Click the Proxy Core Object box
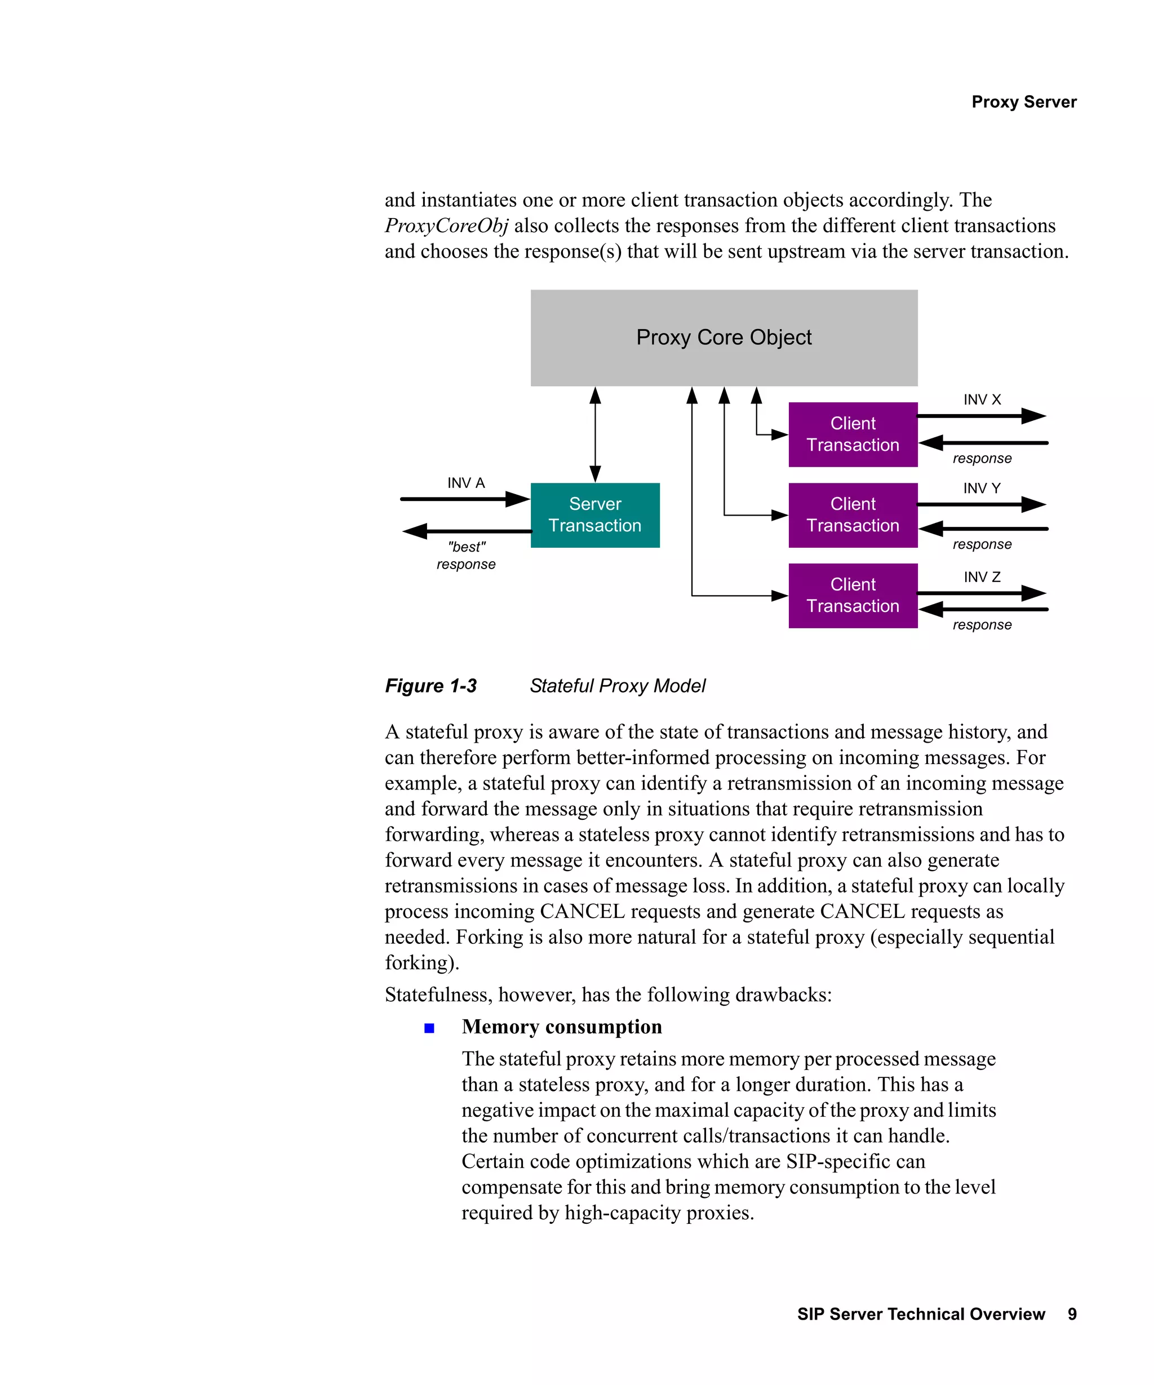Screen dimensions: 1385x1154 point(724,338)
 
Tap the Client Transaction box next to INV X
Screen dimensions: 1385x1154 point(853,434)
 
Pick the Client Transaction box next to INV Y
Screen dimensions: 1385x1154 point(853,515)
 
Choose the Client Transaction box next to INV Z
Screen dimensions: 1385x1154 point(853,596)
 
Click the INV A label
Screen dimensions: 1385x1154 point(465,483)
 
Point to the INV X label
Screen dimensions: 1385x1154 point(981,399)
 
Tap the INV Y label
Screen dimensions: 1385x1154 point(981,488)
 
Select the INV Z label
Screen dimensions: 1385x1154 point(981,577)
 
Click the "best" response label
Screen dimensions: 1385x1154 point(465,556)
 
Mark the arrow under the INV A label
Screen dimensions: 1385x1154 point(465,499)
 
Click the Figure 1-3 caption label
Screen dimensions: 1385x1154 point(430,686)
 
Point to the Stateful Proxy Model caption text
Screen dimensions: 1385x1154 point(617,686)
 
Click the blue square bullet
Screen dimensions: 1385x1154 point(429,1028)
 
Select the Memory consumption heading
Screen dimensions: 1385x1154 point(562,1027)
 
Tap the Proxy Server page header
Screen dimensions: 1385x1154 point(1023,101)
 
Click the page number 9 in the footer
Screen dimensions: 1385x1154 point(1072,1315)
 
